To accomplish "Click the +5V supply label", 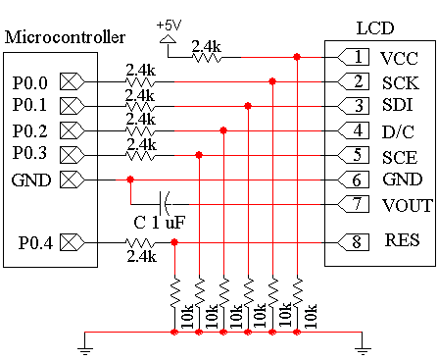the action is click(x=169, y=26).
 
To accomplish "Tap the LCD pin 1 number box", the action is click(x=353, y=57).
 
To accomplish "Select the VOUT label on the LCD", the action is click(x=408, y=206).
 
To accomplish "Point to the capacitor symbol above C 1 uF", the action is click(x=165, y=204).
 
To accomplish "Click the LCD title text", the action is click(x=375, y=28).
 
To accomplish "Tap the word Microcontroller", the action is click(x=65, y=37).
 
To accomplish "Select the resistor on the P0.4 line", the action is click(x=140, y=243).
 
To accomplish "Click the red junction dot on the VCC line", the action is click(x=297, y=57).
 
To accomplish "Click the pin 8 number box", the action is click(x=353, y=242).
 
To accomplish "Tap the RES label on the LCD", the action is click(x=402, y=240).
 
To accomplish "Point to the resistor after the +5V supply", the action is click(x=207, y=58).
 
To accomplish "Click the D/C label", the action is click(x=398, y=131).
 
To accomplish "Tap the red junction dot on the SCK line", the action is click(x=272, y=81).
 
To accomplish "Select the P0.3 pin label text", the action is click(x=29, y=153).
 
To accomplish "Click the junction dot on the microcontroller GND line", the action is click(x=130, y=180).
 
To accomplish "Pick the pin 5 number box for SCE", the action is click(x=353, y=155).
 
